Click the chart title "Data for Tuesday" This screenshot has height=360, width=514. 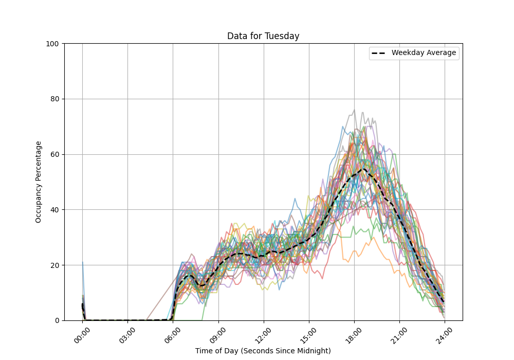tap(263, 36)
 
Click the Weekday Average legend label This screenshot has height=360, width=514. tap(424, 53)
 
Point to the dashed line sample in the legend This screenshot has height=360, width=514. tap(379, 53)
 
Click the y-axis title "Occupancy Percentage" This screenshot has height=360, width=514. tap(39, 182)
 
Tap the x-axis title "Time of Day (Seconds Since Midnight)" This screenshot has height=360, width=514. tap(263, 351)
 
